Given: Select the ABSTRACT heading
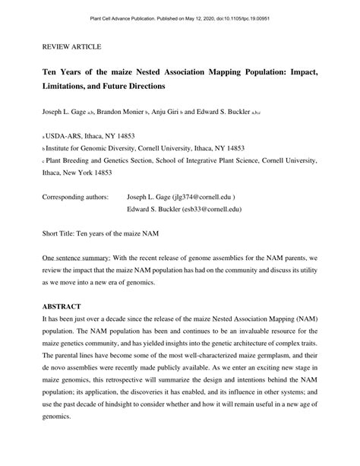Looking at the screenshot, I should click(x=64, y=306).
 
